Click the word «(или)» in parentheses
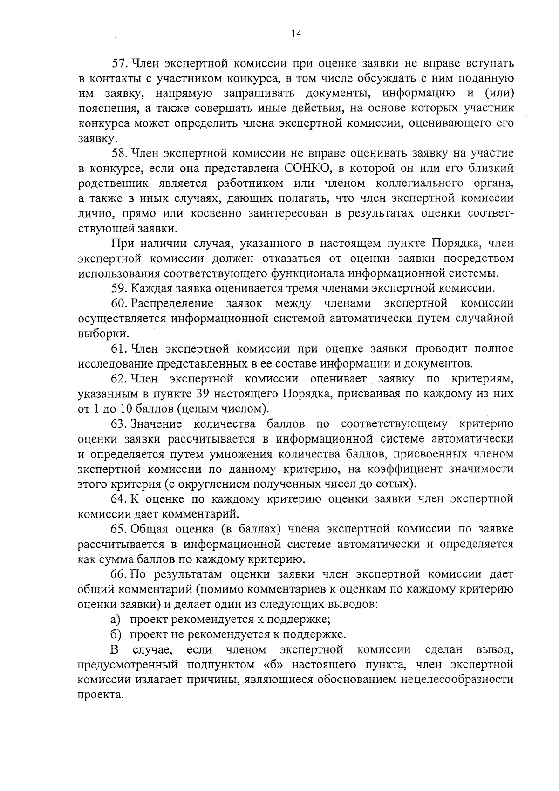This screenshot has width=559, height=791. (499, 93)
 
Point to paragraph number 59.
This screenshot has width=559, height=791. (120, 288)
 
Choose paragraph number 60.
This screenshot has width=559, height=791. (120, 304)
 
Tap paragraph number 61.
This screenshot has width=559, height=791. (120, 348)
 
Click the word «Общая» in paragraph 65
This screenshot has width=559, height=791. (150, 529)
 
